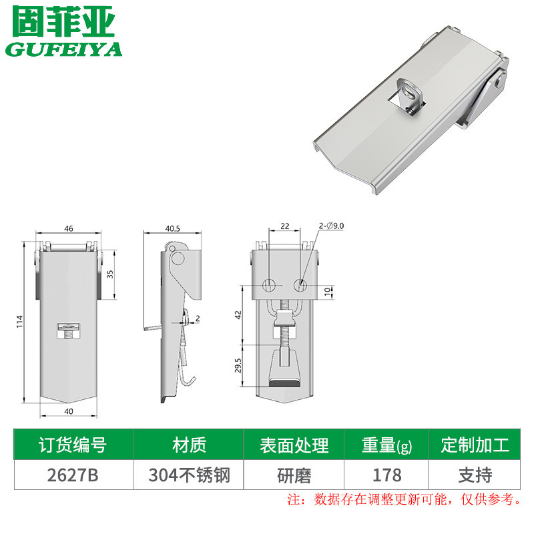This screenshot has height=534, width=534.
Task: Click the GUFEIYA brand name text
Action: pyautogui.click(x=64, y=50)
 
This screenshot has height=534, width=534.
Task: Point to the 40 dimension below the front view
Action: pyautogui.click(x=68, y=411)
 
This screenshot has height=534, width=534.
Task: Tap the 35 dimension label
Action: pyautogui.click(x=110, y=274)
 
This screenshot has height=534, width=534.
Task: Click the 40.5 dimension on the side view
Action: pyautogui.click(x=172, y=228)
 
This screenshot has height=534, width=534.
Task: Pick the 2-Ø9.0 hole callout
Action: pyautogui.click(x=331, y=227)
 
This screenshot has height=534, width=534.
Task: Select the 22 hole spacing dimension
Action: pyautogui.click(x=285, y=227)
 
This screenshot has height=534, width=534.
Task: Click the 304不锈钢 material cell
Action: pyautogui.click(x=188, y=475)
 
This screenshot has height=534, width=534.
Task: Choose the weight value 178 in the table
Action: pyautogui.click(x=386, y=475)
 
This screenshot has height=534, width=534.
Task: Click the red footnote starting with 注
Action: pyautogui.click(x=403, y=499)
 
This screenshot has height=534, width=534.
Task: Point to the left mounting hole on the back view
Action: pyautogui.click(x=268, y=285)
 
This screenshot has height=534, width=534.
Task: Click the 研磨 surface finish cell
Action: pyautogui.click(x=293, y=475)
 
